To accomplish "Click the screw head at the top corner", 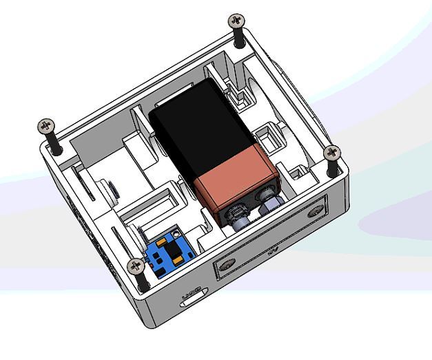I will tap(237, 20).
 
